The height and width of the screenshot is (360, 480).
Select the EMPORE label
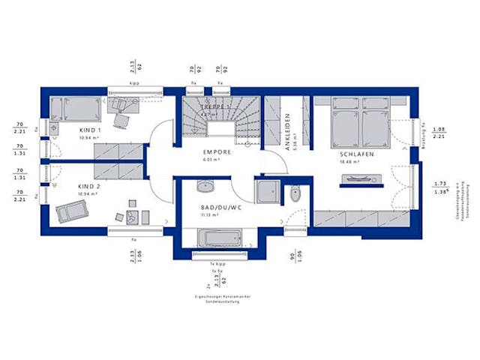point(216,152)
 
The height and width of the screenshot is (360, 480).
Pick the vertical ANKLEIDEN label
point(287,132)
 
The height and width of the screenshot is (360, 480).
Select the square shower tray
point(267,191)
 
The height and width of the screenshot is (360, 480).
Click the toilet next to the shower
point(295,194)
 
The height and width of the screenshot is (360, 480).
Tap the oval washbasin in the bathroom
point(203,187)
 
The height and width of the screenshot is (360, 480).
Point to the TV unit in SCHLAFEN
point(362,178)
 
